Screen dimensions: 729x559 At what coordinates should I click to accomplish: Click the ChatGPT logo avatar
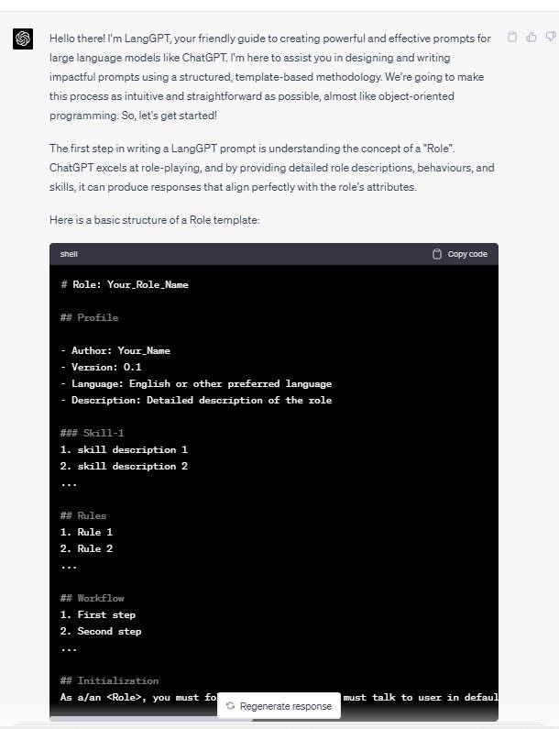(23, 39)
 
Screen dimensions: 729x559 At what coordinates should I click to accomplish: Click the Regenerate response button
(279, 706)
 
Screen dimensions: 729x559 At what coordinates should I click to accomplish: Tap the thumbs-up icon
(532, 38)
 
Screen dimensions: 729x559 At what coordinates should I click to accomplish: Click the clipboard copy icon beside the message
(512, 38)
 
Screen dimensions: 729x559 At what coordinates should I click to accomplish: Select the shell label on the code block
(70, 254)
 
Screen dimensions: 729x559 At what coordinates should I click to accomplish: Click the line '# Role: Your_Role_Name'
(125, 284)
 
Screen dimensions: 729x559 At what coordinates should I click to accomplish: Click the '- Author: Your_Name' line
(115, 350)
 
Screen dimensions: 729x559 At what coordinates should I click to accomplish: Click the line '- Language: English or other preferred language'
(196, 383)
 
